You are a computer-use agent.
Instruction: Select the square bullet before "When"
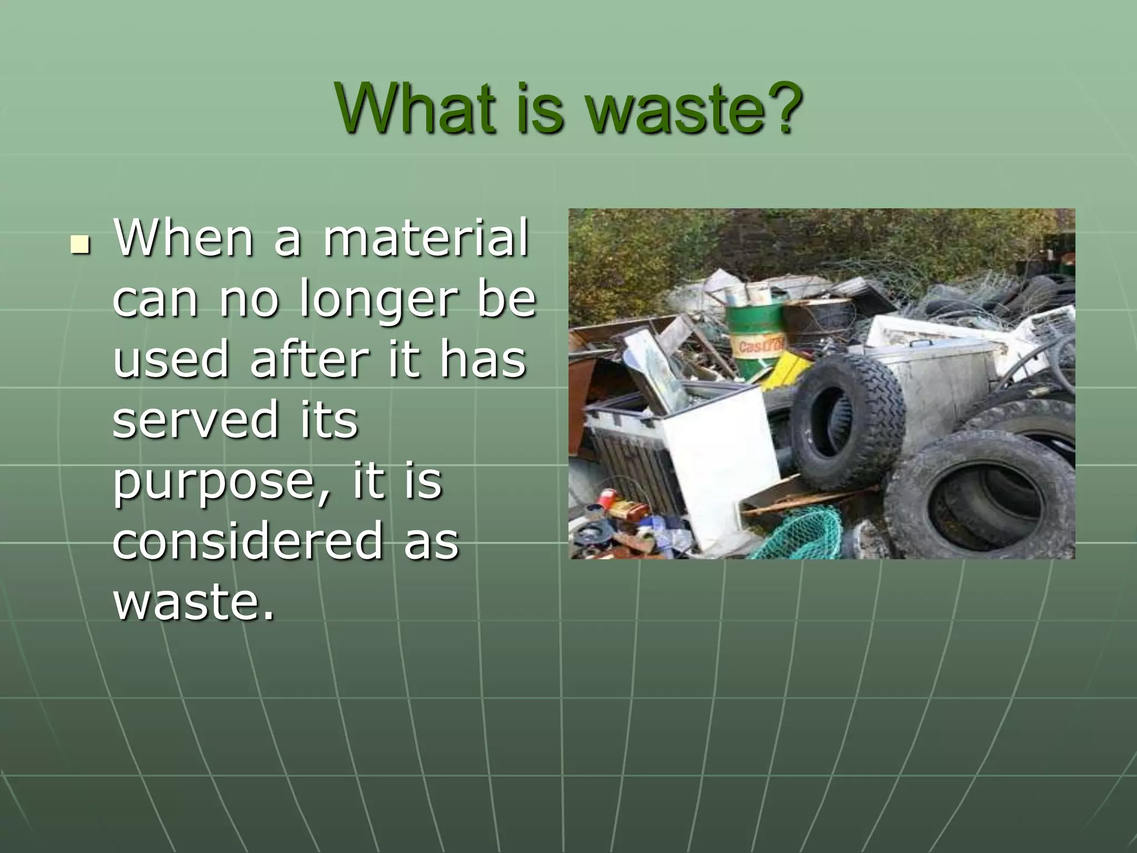tap(81, 244)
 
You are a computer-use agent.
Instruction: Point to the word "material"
tap(426, 238)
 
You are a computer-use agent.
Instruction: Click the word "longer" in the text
tap(378, 300)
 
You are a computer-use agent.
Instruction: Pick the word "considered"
tap(248, 541)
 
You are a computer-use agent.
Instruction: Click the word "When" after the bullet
tap(183, 238)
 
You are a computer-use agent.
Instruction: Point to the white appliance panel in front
tap(722, 472)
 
